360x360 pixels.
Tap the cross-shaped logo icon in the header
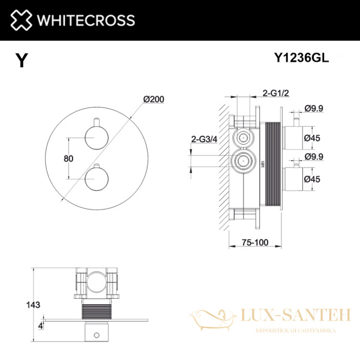pyautogui.click(x=20, y=20)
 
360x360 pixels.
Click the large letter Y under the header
pyautogui.click(x=22, y=61)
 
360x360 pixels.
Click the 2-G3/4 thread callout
pyautogui.click(x=203, y=139)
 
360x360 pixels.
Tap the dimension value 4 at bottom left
pyautogui.click(x=40, y=326)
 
